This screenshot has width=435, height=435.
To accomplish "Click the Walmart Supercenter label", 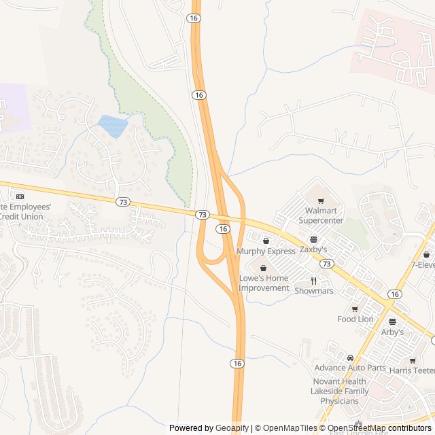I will tap(321, 215).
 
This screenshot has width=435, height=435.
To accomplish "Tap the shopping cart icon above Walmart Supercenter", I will tap(321, 201).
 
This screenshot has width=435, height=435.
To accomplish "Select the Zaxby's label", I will tap(313, 249).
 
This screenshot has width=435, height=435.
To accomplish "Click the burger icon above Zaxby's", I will tap(313, 239).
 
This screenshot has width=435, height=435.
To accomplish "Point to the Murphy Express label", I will tap(266, 251).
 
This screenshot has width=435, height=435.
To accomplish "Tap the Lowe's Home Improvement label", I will tap(264, 283).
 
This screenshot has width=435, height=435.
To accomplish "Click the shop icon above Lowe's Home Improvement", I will tap(263, 268).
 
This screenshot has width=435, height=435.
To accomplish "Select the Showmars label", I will tap(314, 291).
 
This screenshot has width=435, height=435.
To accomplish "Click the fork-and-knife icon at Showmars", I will tap(314, 281).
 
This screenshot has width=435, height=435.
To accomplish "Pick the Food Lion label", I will tap(355, 319).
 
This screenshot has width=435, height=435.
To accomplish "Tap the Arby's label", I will tap(392, 332).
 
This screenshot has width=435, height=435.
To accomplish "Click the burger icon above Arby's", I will tap(392, 321).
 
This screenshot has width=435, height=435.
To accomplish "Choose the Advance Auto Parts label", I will tap(350, 368).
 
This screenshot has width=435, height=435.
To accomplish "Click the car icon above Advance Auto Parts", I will tap(350, 358).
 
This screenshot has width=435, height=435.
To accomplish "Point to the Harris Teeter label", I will tap(412, 370).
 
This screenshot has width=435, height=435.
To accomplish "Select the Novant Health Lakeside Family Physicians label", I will tap(340, 391).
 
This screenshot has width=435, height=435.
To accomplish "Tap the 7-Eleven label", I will tap(422, 265).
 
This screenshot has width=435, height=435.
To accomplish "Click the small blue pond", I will tap(113, 126).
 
